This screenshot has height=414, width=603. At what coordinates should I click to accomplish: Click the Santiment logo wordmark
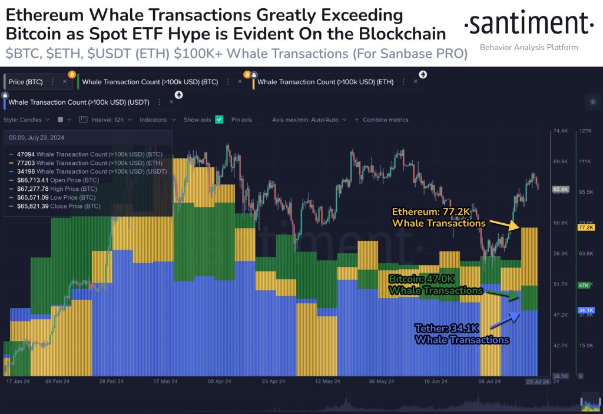(528, 24)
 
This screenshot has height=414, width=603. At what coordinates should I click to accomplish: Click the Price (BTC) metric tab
(25, 82)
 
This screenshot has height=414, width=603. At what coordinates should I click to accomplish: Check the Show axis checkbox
(219, 120)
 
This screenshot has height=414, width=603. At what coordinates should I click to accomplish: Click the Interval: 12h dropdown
(111, 120)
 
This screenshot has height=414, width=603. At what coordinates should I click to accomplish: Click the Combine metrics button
(385, 120)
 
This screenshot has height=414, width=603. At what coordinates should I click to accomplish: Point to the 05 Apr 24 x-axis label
(218, 381)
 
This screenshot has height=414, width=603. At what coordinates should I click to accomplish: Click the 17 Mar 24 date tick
(165, 381)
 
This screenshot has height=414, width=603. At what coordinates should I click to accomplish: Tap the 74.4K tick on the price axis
(560, 131)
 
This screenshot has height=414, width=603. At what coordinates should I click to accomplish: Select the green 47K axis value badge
(584, 285)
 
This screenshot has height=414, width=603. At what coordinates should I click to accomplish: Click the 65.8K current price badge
(560, 190)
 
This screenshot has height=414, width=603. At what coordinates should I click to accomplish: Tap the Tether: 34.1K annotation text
(462, 335)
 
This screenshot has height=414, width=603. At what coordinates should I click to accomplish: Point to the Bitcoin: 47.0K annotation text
(436, 285)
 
